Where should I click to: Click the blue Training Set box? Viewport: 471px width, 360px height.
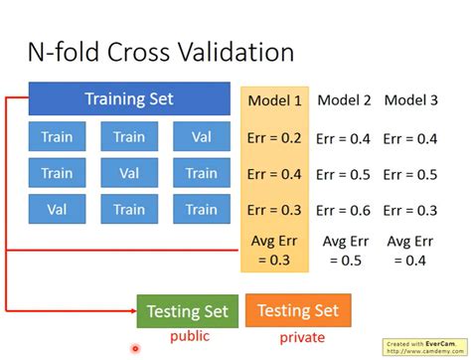[128, 99]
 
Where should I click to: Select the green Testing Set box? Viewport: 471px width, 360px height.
[187, 311]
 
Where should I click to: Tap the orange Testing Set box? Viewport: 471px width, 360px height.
[297, 311]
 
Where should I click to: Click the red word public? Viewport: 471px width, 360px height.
[188, 337]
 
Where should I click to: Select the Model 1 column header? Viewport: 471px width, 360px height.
[273, 100]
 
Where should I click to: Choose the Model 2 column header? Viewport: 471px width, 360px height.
[343, 100]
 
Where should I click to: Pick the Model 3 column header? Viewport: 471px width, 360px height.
[411, 100]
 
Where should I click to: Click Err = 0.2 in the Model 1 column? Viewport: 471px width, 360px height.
[273, 138]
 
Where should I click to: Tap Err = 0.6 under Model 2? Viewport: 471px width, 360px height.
[343, 210]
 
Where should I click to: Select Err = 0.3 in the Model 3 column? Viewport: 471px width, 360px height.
[411, 210]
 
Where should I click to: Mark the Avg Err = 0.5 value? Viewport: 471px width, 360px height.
[343, 250]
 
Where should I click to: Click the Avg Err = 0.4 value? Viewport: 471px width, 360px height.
[411, 250]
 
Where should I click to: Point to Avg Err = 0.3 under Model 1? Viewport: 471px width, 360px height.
[273, 250]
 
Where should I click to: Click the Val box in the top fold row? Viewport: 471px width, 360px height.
[201, 137]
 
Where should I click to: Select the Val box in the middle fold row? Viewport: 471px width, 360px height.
[129, 174]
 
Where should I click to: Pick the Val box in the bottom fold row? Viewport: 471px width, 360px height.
[57, 210]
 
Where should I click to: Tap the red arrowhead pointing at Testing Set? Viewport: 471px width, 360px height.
[130, 311]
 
